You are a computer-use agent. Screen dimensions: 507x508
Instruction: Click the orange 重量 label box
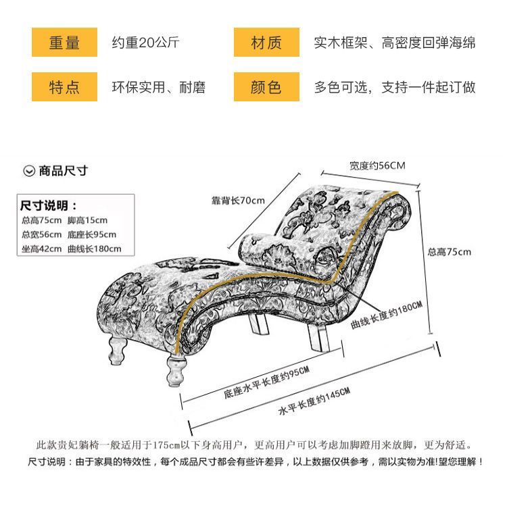64,42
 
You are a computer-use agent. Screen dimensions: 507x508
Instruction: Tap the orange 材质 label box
266,42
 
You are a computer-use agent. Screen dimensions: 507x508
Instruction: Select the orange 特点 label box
64,87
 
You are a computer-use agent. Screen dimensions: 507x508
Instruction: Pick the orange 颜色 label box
266,87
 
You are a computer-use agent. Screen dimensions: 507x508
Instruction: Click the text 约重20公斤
145,43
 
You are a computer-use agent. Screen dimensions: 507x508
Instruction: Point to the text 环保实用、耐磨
159,87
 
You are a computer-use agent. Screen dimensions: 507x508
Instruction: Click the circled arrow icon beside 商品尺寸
29,171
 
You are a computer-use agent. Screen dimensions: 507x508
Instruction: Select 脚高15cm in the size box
87,220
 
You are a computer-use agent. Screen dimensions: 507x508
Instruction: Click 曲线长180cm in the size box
95,249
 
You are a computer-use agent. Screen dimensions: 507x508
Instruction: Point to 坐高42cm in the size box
41,249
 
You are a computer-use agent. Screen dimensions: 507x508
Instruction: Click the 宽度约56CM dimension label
377,166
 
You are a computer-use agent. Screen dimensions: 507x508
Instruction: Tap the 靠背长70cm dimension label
238,201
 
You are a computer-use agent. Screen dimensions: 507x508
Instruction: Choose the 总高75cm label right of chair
450,252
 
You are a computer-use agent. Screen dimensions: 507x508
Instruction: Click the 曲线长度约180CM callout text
387,315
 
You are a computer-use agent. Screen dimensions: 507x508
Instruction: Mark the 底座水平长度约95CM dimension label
266,382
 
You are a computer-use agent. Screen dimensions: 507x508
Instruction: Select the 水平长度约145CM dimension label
314,401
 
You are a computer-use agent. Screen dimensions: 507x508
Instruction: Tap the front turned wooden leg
176,371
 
